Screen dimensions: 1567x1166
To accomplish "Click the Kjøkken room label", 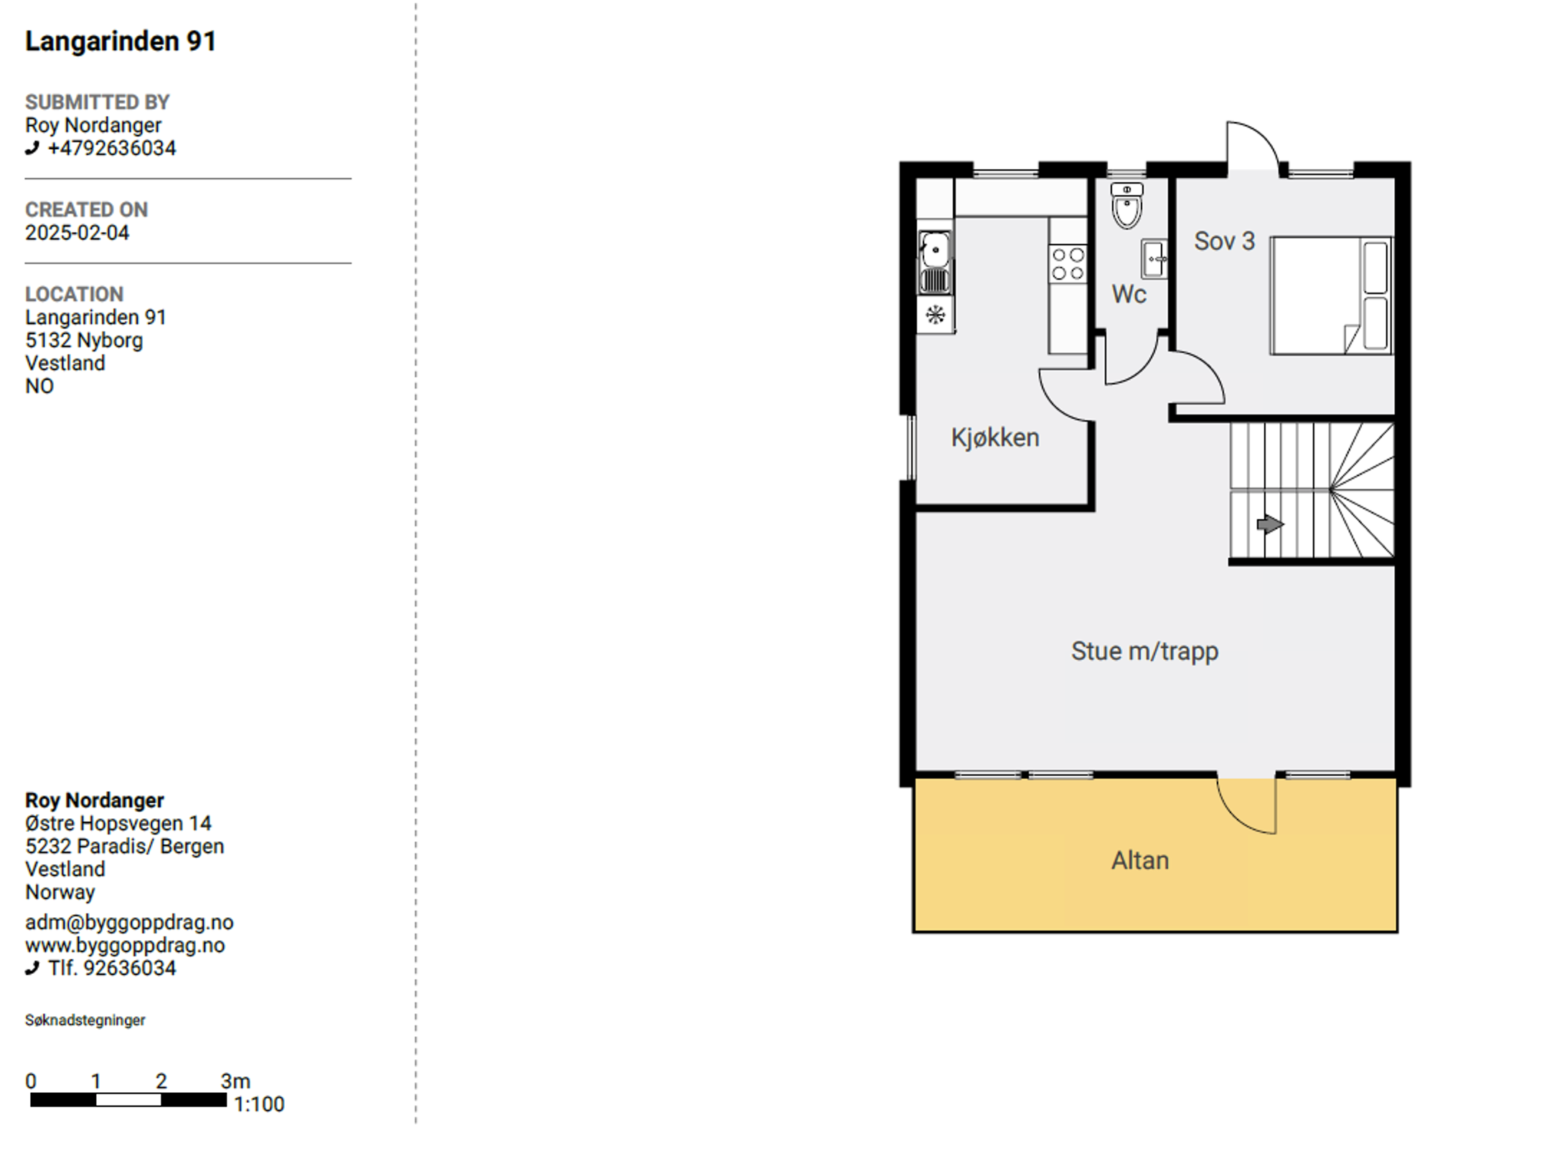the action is pyautogui.click(x=994, y=437).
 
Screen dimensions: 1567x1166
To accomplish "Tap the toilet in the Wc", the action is pyautogui.click(x=1126, y=205).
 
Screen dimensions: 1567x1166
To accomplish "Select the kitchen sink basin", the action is pyautogui.click(x=935, y=250).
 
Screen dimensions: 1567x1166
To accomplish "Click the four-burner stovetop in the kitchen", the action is pyautogui.click(x=1068, y=264).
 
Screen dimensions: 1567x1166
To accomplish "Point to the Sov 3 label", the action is pyautogui.click(x=1224, y=241).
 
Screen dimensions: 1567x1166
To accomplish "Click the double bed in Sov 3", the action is pyautogui.click(x=1331, y=295).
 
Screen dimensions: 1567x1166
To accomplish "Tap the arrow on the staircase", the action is pyautogui.click(x=1270, y=524).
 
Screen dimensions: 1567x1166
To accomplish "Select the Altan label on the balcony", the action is pyautogui.click(x=1140, y=860).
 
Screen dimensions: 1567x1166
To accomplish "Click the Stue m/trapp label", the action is pyautogui.click(x=1144, y=651).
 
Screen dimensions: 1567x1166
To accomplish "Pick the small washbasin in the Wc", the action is pyautogui.click(x=1154, y=258).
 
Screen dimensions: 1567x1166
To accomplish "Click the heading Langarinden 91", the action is pyautogui.click(x=121, y=41).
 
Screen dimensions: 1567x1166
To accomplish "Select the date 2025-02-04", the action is pyautogui.click(x=77, y=232).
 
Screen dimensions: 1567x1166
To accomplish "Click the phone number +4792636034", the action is pyautogui.click(x=111, y=148).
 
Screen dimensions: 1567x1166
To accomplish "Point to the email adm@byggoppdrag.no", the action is pyautogui.click(x=129, y=922).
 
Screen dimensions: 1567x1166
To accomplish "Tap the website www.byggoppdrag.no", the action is pyautogui.click(x=125, y=945).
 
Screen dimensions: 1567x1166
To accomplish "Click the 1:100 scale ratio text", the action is pyautogui.click(x=259, y=1104).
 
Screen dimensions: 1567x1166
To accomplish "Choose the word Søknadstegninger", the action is pyautogui.click(x=85, y=1020).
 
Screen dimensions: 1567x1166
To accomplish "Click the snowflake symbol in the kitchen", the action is pyautogui.click(x=935, y=315).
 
